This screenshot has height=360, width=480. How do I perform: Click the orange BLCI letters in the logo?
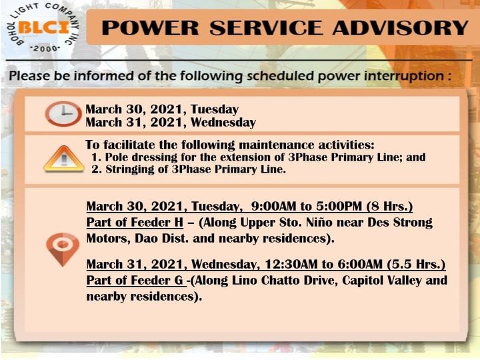coord(44,28)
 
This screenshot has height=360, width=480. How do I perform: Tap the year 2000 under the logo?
coord(45,49)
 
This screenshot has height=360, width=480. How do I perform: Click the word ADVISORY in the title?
coord(401,27)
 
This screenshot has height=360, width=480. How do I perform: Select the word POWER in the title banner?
coord(150,27)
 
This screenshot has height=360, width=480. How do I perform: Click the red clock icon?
coord(63,113)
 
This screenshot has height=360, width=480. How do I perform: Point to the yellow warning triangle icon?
coord(64,159)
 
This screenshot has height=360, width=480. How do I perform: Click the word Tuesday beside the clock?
coord(215,109)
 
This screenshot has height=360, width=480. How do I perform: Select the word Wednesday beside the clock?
coord(223,123)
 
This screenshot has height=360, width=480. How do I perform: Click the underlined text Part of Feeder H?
coord(135,222)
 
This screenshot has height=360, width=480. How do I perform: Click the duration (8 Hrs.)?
coord(389,206)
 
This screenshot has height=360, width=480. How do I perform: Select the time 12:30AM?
coord(291,264)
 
